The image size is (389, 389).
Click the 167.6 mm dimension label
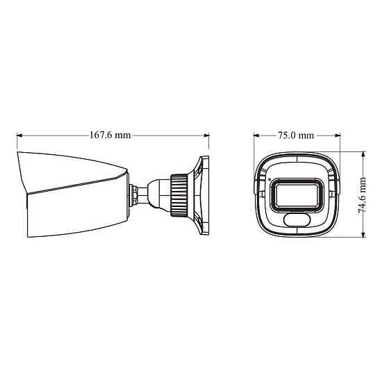[110, 135]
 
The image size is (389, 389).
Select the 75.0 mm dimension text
[296, 135]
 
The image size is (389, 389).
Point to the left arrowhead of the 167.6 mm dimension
[20, 135]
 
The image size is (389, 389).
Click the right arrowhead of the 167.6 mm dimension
[206, 135]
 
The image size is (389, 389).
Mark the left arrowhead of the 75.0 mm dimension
[256, 135]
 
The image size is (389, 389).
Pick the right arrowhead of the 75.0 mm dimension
[339, 135]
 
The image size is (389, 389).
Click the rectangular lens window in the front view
[297, 194]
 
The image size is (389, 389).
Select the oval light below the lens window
[297, 220]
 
